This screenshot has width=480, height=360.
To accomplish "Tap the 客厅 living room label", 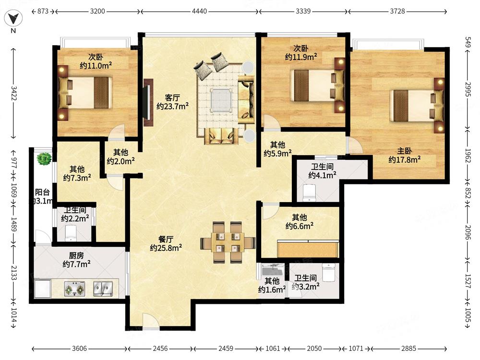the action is pyautogui.click(x=172, y=97).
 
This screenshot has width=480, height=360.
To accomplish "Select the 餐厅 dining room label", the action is pyautogui.click(x=166, y=239).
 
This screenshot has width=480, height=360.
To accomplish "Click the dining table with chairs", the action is pyautogui.click(x=228, y=242).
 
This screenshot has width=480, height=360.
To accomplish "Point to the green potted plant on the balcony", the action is pyautogui.click(x=44, y=159).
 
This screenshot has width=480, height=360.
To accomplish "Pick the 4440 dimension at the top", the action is pyautogui.click(x=199, y=12).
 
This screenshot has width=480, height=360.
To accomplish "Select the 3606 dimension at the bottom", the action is pyautogui.click(x=79, y=348).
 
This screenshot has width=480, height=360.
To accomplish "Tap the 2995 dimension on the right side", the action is pyautogui.click(x=468, y=89).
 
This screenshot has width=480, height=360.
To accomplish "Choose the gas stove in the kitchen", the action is pyautogui.click(x=74, y=288).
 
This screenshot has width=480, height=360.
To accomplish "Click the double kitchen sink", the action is pyautogui.click(x=103, y=288).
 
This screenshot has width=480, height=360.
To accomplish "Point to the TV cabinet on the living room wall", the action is pyautogui.click(x=148, y=103).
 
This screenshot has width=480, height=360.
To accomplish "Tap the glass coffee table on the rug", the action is pyautogui.click(x=221, y=100).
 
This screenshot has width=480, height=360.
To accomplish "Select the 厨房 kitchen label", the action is pyautogui.click(x=76, y=255).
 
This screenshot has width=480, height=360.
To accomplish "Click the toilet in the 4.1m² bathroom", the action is pyautogui.click(x=309, y=193).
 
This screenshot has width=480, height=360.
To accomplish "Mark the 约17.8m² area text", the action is pyautogui.click(x=404, y=159).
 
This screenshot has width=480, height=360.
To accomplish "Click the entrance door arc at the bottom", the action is pyautogui.click(x=151, y=321).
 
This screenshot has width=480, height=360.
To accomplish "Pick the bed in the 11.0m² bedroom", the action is pyautogui.click(x=85, y=93).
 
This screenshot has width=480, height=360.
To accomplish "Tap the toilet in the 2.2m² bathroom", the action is pyautogui.click(x=71, y=233).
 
